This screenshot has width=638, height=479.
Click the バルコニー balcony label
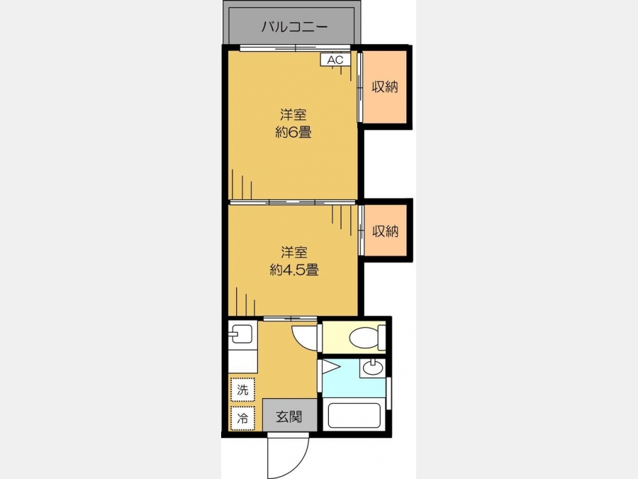pos(294,27)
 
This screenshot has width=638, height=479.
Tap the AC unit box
pos(336,60)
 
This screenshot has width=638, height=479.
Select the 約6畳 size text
pos(293,133)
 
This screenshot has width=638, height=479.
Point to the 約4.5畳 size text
pos(293,270)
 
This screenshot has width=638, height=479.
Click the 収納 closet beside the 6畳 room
pos(384,87)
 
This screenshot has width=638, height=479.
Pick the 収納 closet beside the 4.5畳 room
pos(386,231)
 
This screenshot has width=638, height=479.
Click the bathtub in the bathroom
pos(354,415)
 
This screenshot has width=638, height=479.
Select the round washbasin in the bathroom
pos(372,368)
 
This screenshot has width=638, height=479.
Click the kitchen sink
pos(242,334)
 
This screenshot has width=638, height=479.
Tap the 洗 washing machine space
pos(242,390)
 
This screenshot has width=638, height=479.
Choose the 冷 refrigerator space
pos(242,418)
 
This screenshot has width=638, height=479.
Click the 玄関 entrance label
pos(289,417)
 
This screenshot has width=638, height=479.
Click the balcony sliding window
pos(295,48)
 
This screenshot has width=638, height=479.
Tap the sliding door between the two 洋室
pos(292,202)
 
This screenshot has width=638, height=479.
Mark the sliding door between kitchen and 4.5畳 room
pos(290,319)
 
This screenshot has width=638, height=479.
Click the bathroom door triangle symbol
pos(330,368)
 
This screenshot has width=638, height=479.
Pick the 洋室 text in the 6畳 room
pos(293,114)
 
